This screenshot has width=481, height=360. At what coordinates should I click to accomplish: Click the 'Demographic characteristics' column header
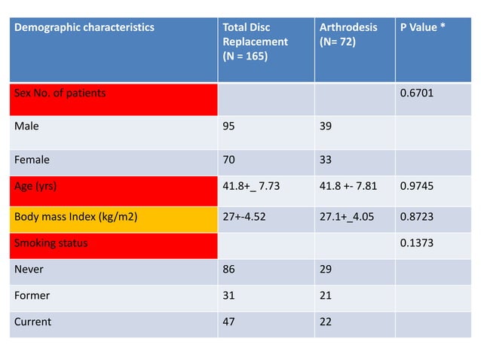coord(84,28)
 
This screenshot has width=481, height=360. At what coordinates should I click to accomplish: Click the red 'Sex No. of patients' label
coord(60,93)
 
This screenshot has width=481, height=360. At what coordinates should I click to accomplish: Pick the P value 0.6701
coord(419,93)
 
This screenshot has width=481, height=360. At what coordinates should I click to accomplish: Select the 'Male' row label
coord(27,127)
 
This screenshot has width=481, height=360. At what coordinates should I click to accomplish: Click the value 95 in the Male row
coord(229,127)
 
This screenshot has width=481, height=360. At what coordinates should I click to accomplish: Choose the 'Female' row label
coord(32,159)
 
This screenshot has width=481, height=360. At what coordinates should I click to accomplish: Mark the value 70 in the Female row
coord(229,159)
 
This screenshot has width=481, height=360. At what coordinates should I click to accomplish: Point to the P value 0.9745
coord(420,191)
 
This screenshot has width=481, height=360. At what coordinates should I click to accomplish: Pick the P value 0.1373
coord(420,243)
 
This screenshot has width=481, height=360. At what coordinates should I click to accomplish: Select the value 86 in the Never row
coord(229,269)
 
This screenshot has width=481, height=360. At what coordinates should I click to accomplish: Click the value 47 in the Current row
coord(229,322)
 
